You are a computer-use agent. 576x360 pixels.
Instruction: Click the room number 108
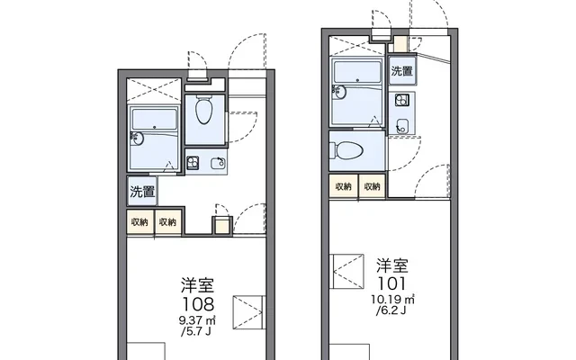tap(196, 303)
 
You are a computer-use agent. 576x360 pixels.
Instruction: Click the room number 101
tap(391, 282)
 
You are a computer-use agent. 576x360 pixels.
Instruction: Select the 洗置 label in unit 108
tap(140, 192)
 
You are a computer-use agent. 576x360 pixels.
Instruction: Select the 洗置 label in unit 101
tap(402, 70)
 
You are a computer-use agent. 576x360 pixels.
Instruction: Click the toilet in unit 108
tap(202, 111)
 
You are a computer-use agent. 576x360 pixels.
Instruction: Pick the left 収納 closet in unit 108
tap(139, 221)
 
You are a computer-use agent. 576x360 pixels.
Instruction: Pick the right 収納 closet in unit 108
tap(168, 221)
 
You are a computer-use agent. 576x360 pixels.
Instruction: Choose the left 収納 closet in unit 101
tap(343, 186)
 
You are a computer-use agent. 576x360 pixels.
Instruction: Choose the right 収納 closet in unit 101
tap(371, 186)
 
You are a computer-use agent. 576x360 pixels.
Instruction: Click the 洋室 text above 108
tap(196, 286)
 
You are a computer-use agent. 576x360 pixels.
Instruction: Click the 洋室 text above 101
tap(391, 265)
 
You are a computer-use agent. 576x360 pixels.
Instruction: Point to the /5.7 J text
tap(196, 331)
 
